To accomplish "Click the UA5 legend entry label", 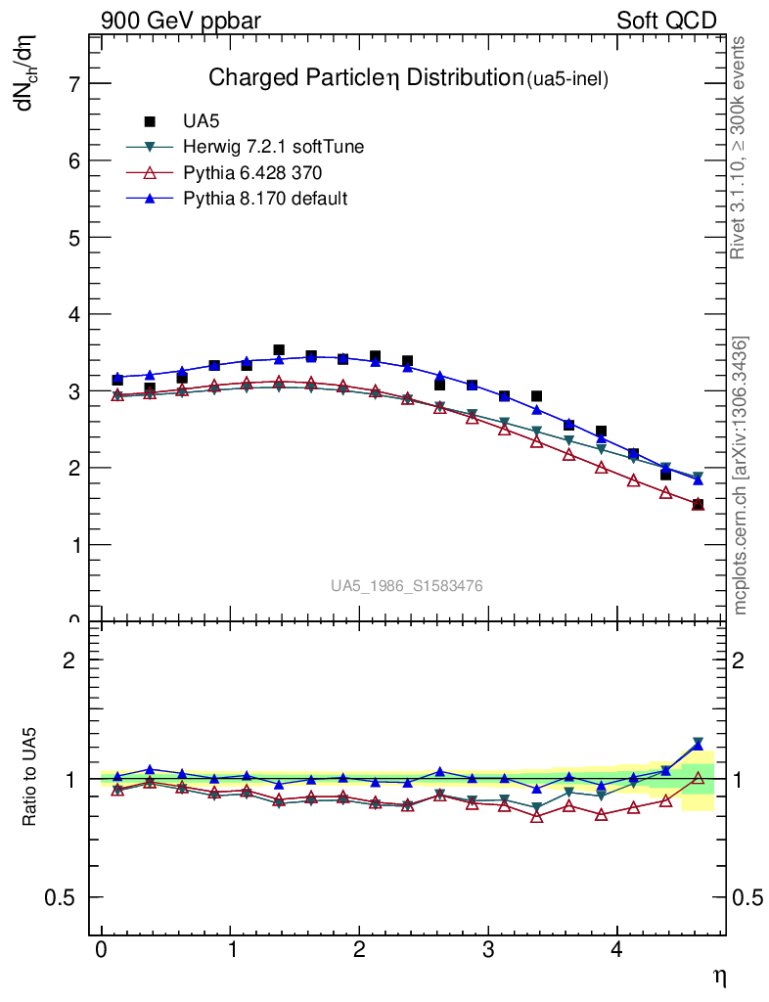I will pyautogui.click(x=202, y=121).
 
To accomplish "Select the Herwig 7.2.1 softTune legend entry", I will pyautogui.click(x=274, y=147).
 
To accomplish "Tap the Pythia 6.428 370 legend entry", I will pyautogui.click(x=252, y=172).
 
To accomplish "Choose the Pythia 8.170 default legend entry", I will pyautogui.click(x=265, y=199).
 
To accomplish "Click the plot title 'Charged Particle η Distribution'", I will pyautogui.click(x=365, y=77).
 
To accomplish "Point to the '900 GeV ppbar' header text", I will pyautogui.click(x=181, y=21).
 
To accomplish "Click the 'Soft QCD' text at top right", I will pyautogui.click(x=666, y=21).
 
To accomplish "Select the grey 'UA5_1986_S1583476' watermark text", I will pyautogui.click(x=406, y=586).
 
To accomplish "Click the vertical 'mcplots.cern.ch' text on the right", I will pyautogui.click(x=741, y=476).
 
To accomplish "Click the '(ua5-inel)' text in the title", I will pyautogui.click(x=568, y=80).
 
